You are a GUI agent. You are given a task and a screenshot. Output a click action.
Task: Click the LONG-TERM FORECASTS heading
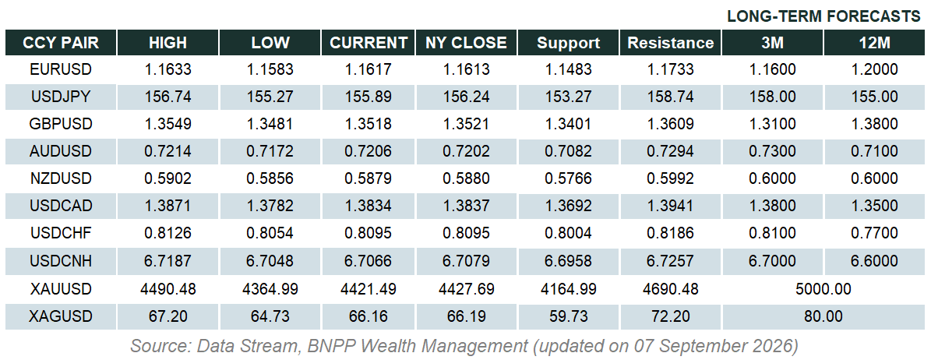click(x=823, y=16)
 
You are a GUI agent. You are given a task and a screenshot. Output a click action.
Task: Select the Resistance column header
click(x=670, y=43)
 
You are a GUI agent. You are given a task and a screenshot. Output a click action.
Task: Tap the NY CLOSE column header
click(x=466, y=43)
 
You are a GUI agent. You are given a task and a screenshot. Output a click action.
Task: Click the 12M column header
click(x=875, y=43)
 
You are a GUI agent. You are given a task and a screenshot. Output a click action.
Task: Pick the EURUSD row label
click(x=61, y=69)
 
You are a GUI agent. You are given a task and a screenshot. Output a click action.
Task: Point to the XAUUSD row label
click(x=61, y=289)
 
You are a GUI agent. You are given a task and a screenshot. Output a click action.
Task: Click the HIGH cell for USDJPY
click(x=168, y=97)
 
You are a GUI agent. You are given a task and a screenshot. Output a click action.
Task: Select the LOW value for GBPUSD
click(x=270, y=125)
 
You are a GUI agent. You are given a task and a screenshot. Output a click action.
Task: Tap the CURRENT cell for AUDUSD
click(x=369, y=152)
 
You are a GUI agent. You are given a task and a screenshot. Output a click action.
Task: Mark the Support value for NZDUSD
click(x=569, y=179)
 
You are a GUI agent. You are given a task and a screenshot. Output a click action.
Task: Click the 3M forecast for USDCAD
click(x=773, y=206)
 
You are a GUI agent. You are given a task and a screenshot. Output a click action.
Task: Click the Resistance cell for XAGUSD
click(x=670, y=316)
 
